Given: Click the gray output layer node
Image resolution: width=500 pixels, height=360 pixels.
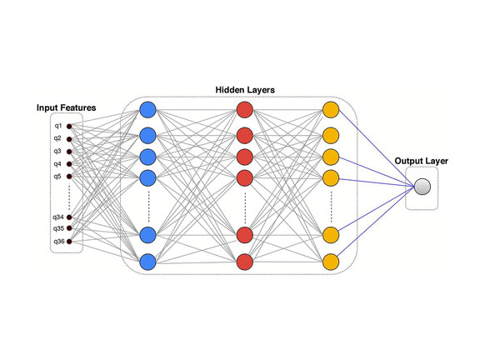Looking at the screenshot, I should coord(422,187).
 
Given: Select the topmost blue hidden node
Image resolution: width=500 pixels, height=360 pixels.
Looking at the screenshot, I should coord(148,110).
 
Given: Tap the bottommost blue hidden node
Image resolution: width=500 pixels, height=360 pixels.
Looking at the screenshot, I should coord(148,262).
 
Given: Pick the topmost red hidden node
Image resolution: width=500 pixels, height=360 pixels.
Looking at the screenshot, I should coord(244,110).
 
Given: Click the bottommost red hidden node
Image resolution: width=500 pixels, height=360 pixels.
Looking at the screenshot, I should coord(244,262).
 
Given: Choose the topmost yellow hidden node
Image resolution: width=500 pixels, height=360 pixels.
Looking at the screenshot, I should coord(331,110).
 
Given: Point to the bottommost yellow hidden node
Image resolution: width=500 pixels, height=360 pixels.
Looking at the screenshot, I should coord(331,262).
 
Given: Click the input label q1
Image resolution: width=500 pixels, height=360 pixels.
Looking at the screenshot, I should coord(57,126).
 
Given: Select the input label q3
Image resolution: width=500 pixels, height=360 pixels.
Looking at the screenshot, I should coord(57,151).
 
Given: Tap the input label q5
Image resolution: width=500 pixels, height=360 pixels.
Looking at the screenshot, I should coord(57,176).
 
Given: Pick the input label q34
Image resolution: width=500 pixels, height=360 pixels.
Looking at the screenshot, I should coord(57,217).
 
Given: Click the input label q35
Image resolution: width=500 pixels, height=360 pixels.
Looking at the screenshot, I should coord(57,228).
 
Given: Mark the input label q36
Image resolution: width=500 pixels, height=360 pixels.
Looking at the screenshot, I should coord(57,242).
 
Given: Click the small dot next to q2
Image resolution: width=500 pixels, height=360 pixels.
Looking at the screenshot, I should coord(69,138).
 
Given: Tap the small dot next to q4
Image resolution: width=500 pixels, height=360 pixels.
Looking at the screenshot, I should coord(69,163).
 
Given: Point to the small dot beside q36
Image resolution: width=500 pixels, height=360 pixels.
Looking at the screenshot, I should coord(69,242).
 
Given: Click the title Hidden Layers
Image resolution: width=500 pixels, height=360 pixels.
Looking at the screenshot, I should coord(245,89).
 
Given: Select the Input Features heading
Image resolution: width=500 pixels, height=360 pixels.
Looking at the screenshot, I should coord(66,107).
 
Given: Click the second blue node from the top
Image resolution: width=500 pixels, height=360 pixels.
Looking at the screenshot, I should coord(148,135).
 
